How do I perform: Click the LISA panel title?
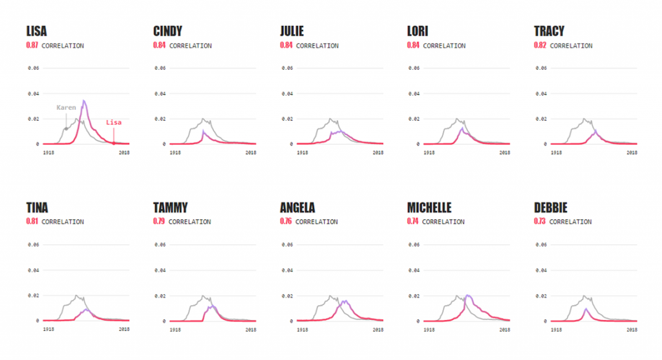(36, 31)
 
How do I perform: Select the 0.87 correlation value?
(32, 46)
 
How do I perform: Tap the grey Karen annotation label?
(66, 107)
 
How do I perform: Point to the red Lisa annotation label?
(114, 122)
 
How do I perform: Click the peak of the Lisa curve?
(84, 101)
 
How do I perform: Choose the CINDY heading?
(167, 31)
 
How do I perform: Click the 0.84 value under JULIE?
(286, 46)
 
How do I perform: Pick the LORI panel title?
(418, 31)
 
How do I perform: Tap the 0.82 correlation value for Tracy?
(540, 46)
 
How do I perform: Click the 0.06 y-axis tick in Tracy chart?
(540, 68)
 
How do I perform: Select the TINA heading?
(37, 208)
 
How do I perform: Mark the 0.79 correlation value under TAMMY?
(160, 222)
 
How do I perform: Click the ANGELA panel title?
(297, 208)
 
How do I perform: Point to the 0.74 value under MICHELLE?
(413, 222)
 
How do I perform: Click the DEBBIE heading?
(551, 208)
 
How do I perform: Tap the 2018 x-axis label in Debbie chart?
(632, 330)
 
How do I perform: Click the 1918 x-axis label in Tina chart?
(48, 330)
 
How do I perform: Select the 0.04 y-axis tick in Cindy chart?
(160, 93)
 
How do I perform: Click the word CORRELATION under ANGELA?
(316, 222)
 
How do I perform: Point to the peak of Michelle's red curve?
(467, 296)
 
